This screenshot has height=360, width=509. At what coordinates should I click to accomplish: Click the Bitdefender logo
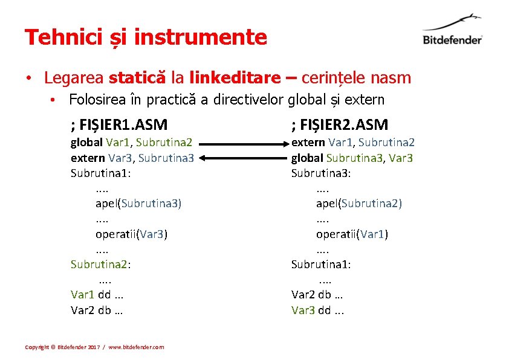452,30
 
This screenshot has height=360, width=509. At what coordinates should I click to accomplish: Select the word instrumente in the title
200,37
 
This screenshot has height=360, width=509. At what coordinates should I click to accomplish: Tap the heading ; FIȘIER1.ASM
119,125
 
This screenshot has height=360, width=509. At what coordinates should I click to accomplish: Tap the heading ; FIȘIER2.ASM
340,125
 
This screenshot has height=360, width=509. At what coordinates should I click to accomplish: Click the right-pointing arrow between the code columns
242,144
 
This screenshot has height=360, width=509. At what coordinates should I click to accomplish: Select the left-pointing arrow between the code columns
242,158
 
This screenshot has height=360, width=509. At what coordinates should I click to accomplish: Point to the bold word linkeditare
235,78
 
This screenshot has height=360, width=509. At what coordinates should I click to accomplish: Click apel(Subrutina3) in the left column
138,204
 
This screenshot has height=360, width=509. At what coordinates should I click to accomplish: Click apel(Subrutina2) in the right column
358,204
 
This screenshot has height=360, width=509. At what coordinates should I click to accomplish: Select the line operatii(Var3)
131,234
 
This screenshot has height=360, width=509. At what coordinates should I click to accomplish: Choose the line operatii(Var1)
352,234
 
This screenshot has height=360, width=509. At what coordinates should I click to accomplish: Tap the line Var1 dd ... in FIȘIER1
97,295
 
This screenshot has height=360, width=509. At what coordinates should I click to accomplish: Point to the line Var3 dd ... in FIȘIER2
317,310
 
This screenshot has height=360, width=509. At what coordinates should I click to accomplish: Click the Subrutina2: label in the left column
101,264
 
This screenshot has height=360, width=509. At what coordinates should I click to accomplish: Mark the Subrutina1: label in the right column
321,264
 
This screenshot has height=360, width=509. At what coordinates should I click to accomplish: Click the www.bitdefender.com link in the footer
136,347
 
